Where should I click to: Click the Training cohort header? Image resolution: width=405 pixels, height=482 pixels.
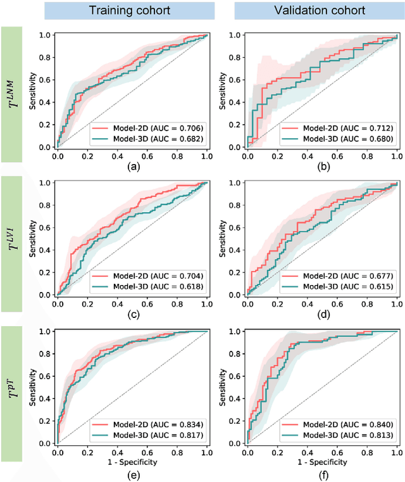(129, 11)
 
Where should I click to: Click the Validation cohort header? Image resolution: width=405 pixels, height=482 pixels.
(309, 11)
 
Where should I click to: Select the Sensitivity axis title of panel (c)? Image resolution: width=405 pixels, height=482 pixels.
(33, 238)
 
